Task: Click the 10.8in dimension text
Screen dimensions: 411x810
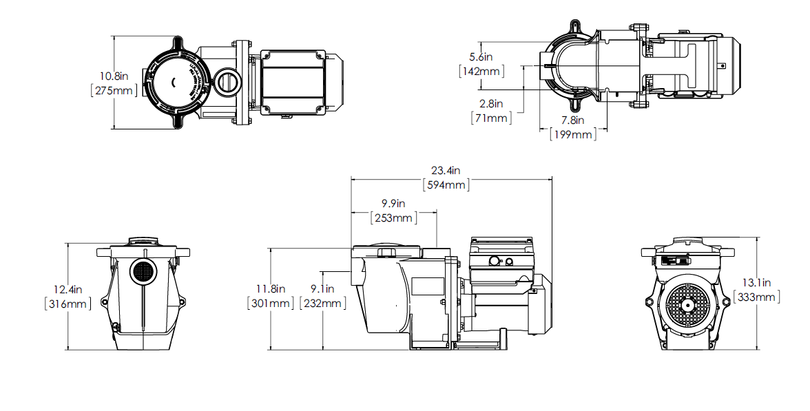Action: click(x=113, y=76)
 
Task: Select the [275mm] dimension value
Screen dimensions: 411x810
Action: click(x=114, y=90)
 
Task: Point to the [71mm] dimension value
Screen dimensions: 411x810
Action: click(x=490, y=118)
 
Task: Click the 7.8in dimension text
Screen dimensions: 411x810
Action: click(x=572, y=120)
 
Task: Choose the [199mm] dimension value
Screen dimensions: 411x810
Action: click(x=573, y=135)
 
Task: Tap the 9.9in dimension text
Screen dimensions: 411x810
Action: click(x=393, y=204)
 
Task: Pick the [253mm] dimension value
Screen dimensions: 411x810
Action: click(x=393, y=218)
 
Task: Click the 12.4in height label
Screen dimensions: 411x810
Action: click(x=67, y=289)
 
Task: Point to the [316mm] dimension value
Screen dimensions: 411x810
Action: click(x=67, y=304)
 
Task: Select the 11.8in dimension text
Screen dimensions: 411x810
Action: click(x=270, y=288)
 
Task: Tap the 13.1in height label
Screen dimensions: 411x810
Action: click(x=757, y=282)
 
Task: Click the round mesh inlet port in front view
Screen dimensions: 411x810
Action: click(x=143, y=272)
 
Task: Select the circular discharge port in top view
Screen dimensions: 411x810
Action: click(x=225, y=82)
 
